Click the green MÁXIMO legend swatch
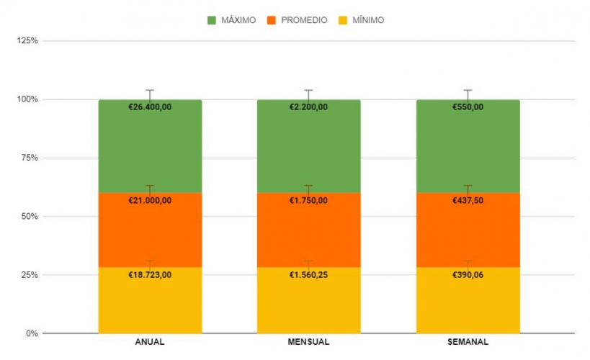pos(212,20)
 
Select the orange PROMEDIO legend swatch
pos(272,20)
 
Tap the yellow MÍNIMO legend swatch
pos(344,20)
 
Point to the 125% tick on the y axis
pos(28,40)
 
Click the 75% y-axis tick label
pos(30,158)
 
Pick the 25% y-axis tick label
pos(30,275)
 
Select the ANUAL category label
pos(150,342)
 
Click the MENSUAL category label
pos(308,342)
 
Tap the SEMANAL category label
pos(468,342)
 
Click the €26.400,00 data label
pos(150,107)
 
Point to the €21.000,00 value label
pos(150,201)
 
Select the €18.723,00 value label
pos(150,275)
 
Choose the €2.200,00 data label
pos(308,107)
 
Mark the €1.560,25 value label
pos(308,275)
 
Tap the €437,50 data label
pos(468,201)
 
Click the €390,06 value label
pos(468,275)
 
